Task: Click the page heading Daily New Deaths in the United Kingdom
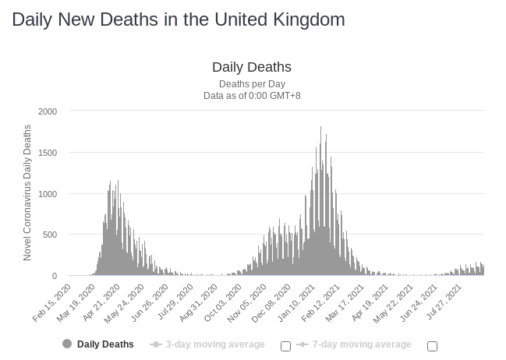[x=179, y=19]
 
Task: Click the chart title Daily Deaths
[x=251, y=67]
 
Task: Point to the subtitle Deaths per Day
[x=251, y=83]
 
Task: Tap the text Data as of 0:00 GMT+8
[x=251, y=96]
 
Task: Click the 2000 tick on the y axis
[x=48, y=111]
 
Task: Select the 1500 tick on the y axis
[x=48, y=153]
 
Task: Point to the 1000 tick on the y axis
[x=48, y=194]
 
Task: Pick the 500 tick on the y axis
[x=50, y=235]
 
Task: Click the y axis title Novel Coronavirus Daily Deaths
[x=28, y=192]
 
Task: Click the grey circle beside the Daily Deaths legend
[x=67, y=344]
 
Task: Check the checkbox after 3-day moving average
[x=285, y=346]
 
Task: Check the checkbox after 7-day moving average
[x=433, y=346]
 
